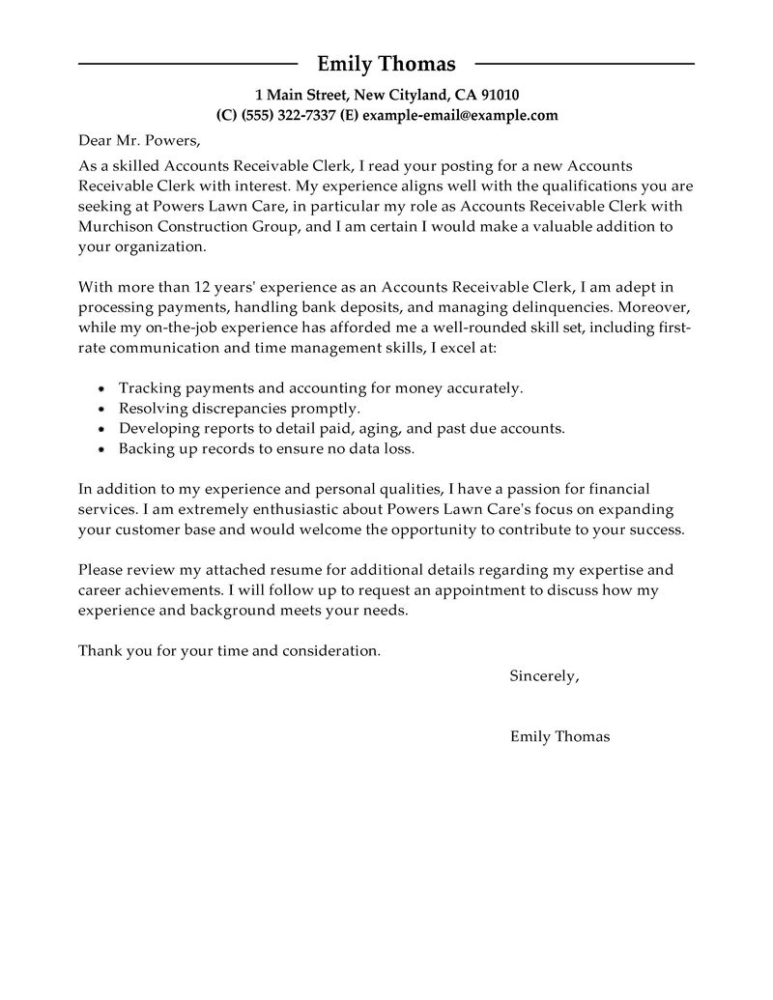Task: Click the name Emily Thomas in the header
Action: pos(386,65)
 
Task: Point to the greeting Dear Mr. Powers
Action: pos(138,141)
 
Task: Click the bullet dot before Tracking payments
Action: pos(103,388)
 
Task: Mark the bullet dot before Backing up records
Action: pos(103,449)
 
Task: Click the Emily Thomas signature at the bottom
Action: pos(559,736)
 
